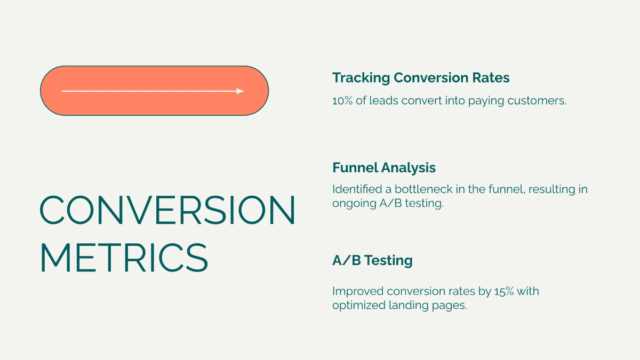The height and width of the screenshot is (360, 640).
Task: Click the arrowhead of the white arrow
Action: (x=241, y=91)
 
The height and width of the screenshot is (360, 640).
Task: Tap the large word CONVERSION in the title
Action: (x=167, y=210)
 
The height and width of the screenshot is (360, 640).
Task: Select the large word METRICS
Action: (x=124, y=258)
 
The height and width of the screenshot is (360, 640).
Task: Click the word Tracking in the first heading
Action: (x=361, y=78)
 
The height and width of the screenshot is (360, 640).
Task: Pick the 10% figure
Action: (x=342, y=100)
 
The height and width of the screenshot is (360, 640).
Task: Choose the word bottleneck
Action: (x=421, y=189)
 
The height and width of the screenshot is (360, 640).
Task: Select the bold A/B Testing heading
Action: (x=372, y=261)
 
